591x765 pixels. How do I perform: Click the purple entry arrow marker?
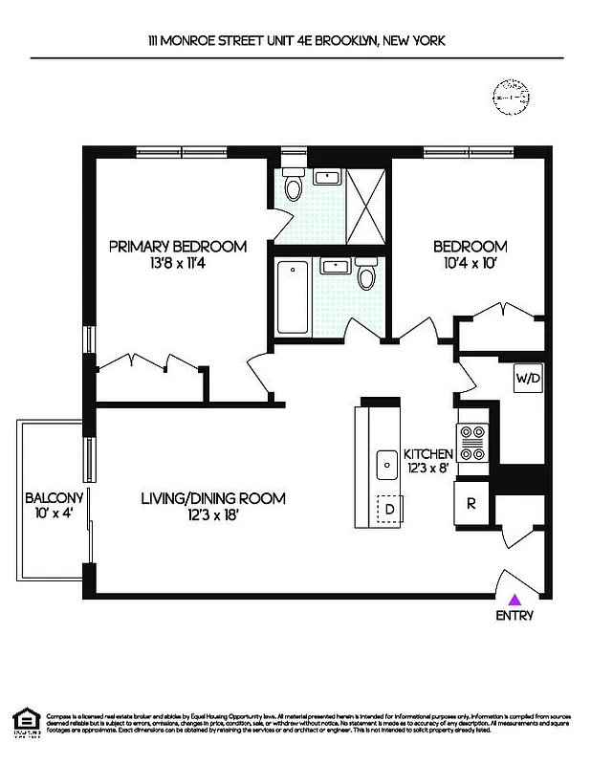pos(514,600)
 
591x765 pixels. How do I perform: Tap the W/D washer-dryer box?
pos(528,378)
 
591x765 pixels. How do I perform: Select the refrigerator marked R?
pos(471,504)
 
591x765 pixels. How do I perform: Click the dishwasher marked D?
pos(389,509)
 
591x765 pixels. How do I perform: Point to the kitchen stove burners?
pos(473,442)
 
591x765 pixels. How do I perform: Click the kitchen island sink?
pos(387,465)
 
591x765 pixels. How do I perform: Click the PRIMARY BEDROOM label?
pos(177,246)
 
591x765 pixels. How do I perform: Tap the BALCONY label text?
pos(54,498)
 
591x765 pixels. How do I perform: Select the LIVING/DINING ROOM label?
pos(213,498)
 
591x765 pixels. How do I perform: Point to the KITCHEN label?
pos(427,453)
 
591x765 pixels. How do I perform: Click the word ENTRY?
pos(514,616)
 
